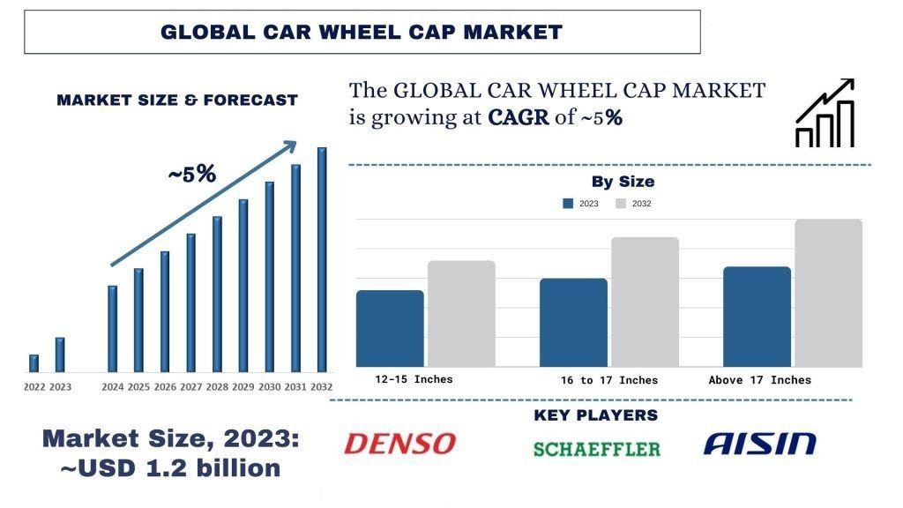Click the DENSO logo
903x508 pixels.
(x=399, y=443)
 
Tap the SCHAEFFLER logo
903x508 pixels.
(x=596, y=449)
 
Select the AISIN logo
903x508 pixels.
(x=759, y=443)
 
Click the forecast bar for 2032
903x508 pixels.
(x=322, y=259)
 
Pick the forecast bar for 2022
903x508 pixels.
(x=34, y=363)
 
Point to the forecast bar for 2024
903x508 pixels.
(x=112, y=328)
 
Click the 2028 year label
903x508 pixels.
(x=217, y=387)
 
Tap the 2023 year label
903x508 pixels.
(x=60, y=387)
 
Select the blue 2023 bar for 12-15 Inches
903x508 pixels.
(x=390, y=328)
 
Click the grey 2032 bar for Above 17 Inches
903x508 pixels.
(x=828, y=293)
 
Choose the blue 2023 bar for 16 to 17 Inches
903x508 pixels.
(x=573, y=322)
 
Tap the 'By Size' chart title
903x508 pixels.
(x=623, y=182)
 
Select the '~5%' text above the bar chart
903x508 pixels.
(x=191, y=175)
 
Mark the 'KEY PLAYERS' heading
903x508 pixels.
(x=595, y=415)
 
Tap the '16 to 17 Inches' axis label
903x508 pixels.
(x=608, y=380)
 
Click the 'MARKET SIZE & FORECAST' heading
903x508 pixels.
(x=177, y=101)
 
